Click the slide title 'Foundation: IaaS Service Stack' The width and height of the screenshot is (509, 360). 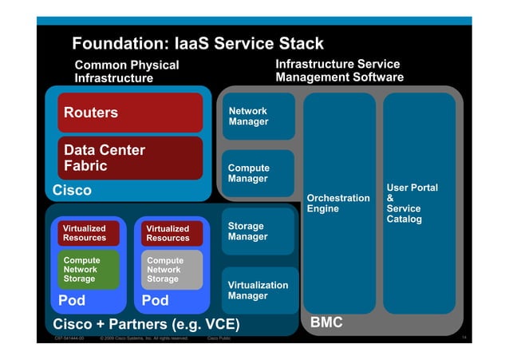(198, 43)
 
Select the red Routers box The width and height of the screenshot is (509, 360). (131, 113)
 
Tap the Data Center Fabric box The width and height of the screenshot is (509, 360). (131, 158)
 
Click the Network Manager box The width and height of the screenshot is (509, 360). (257, 117)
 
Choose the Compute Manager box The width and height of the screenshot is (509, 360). (257, 173)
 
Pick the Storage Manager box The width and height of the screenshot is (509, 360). (257, 231)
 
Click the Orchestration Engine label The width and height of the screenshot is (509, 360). (338, 204)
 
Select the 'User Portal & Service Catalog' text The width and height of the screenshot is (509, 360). (412, 204)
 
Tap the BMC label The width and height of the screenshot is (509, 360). (326, 322)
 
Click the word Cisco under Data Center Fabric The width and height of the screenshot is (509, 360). (72, 191)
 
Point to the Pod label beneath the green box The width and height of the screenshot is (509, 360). (72, 301)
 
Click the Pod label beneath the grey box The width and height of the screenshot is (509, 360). (155, 301)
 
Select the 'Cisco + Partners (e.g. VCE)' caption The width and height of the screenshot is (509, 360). (146, 324)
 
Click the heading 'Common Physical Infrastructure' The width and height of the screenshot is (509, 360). (126, 71)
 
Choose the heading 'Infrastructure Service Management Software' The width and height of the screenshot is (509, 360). (339, 70)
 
